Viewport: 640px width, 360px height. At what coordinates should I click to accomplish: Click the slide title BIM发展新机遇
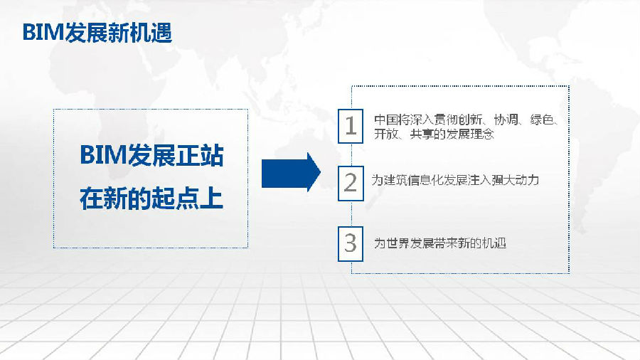(97, 33)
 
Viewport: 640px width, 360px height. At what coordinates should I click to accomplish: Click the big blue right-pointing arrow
(291, 172)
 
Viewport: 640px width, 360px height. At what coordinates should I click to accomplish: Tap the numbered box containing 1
(351, 126)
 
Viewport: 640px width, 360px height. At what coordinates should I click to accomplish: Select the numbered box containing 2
(351, 184)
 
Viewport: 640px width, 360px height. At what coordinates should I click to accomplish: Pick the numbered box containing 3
(351, 243)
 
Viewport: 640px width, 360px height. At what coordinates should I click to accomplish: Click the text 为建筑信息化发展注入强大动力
(455, 180)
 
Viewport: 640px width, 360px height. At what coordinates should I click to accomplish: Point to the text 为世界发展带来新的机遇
(440, 243)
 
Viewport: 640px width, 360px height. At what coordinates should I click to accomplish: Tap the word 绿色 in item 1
(542, 120)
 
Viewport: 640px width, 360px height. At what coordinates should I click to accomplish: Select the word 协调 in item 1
(506, 120)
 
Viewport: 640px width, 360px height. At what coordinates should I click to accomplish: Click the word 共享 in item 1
(422, 134)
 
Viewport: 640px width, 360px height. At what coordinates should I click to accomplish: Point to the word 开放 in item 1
(386, 134)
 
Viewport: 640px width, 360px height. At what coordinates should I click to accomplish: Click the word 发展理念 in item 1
(470, 134)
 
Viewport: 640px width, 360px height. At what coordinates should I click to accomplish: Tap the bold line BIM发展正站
(152, 156)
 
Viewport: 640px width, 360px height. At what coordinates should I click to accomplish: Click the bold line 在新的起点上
(151, 198)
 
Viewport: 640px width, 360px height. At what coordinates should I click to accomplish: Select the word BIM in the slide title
(43, 33)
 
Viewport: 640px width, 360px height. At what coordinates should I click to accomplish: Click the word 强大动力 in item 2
(515, 180)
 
